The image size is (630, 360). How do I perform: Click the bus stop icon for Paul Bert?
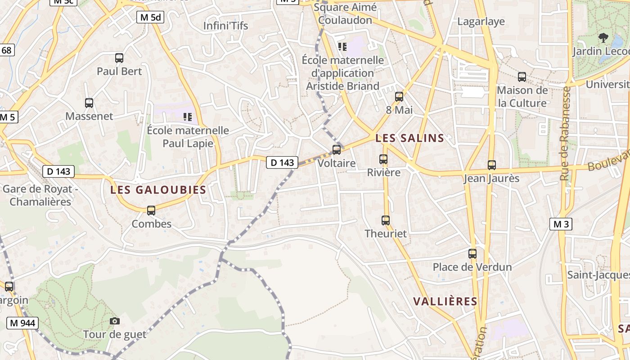[x=119, y=58]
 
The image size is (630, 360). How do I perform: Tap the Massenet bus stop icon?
[x=89, y=103]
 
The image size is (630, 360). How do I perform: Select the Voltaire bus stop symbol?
[x=337, y=150]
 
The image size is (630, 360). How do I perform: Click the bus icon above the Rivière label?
[x=383, y=159]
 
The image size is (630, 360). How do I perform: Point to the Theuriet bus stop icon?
[x=386, y=220]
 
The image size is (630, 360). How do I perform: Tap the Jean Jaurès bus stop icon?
[x=492, y=165]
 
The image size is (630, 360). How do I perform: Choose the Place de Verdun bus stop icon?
[x=472, y=254]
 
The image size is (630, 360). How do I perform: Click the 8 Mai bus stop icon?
[x=399, y=97]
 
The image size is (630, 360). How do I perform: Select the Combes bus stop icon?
[x=151, y=211]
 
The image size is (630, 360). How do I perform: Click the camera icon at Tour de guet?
[x=115, y=321]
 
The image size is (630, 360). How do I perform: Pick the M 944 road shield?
[x=22, y=323]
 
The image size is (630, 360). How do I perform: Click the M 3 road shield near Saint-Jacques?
[x=561, y=224]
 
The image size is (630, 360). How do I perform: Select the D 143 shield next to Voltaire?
[x=283, y=162]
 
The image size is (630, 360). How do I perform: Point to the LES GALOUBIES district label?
[x=158, y=190]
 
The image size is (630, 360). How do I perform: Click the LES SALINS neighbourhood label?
[x=409, y=138]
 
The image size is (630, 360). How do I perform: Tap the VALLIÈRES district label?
[x=445, y=301]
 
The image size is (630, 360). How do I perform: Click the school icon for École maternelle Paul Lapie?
[x=188, y=117]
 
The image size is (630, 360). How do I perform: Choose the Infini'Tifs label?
[x=225, y=26]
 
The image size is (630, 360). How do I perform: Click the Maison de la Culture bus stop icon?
[x=522, y=77]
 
